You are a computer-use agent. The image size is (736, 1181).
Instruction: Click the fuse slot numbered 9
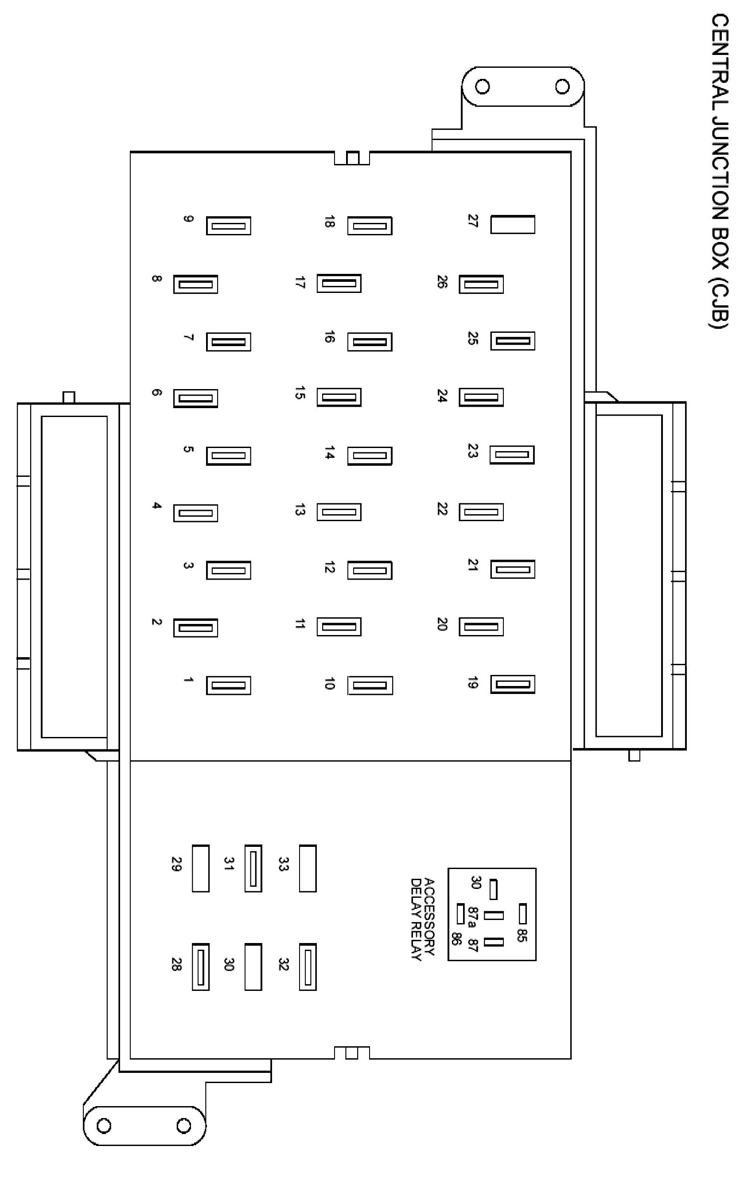pyautogui.click(x=228, y=226)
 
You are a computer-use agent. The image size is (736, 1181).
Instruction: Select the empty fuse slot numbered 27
pyautogui.click(x=513, y=224)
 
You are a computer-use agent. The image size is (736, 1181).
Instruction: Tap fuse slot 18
pyautogui.click(x=370, y=226)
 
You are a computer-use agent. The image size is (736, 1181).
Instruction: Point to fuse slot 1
pyautogui.click(x=228, y=686)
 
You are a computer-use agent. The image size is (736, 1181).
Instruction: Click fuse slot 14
pyautogui.click(x=370, y=456)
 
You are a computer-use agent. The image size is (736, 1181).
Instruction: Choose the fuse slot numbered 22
pyautogui.click(x=481, y=512)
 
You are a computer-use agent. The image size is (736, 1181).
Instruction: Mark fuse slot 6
pyautogui.click(x=195, y=399)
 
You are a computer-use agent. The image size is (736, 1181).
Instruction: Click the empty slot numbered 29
pyautogui.click(x=201, y=869)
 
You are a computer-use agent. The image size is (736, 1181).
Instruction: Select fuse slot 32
pyautogui.click(x=308, y=967)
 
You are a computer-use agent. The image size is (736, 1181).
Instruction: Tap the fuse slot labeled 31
pyautogui.click(x=253, y=869)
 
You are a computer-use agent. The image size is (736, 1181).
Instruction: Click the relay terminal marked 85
pyautogui.click(x=523, y=914)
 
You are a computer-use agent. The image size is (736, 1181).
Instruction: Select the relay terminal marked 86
pyautogui.click(x=460, y=914)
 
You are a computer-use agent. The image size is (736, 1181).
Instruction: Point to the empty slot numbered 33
pyautogui.click(x=308, y=869)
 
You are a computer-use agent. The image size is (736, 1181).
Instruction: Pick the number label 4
pyautogui.click(x=156, y=506)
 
